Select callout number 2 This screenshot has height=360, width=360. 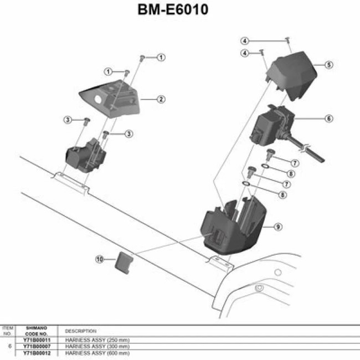[x=161, y=100]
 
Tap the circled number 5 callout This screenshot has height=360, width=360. [x=328, y=65]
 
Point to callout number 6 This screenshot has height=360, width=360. [x=328, y=118]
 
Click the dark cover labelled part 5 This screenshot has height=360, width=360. [x=291, y=72]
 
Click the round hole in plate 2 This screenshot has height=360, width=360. [x=98, y=100]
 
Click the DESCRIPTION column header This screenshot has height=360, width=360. [x=81, y=331]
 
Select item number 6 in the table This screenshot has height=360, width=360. [x=8, y=346]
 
